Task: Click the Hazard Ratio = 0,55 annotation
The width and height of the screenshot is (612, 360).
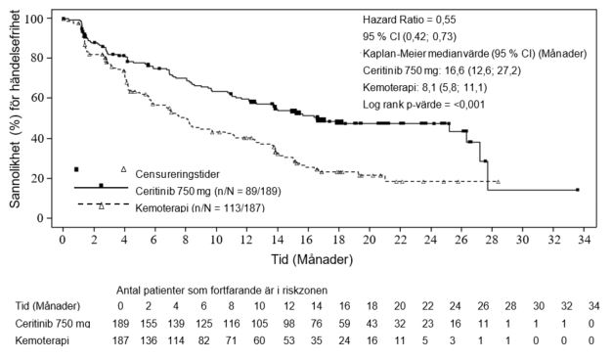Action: click(x=409, y=20)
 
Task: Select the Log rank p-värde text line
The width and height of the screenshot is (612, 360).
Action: click(x=423, y=105)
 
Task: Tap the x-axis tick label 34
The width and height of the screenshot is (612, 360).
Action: click(x=584, y=239)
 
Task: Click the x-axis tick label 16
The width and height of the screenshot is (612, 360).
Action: click(x=308, y=239)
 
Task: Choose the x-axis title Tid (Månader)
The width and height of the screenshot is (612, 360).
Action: click(x=312, y=259)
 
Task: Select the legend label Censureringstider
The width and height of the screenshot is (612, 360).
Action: click(x=177, y=174)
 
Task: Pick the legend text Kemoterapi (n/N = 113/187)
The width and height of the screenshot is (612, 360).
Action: click(x=199, y=207)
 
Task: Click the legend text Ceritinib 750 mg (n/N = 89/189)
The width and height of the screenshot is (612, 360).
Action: click(x=208, y=191)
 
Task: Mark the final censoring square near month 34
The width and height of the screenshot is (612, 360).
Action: click(x=578, y=190)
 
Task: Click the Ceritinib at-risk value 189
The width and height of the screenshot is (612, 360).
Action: click(x=120, y=324)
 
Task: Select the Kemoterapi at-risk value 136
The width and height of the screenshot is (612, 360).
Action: click(x=149, y=340)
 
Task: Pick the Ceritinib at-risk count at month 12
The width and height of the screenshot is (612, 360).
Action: click(x=288, y=324)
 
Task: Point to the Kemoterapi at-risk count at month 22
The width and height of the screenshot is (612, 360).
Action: click(x=425, y=340)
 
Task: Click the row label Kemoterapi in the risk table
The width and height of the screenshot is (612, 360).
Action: click(x=42, y=340)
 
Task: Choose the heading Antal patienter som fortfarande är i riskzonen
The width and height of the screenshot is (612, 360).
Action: click(x=222, y=291)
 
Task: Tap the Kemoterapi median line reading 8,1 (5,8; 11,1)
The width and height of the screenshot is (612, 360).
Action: click(x=424, y=87)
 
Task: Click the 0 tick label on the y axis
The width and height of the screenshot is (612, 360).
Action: click(x=39, y=218)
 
